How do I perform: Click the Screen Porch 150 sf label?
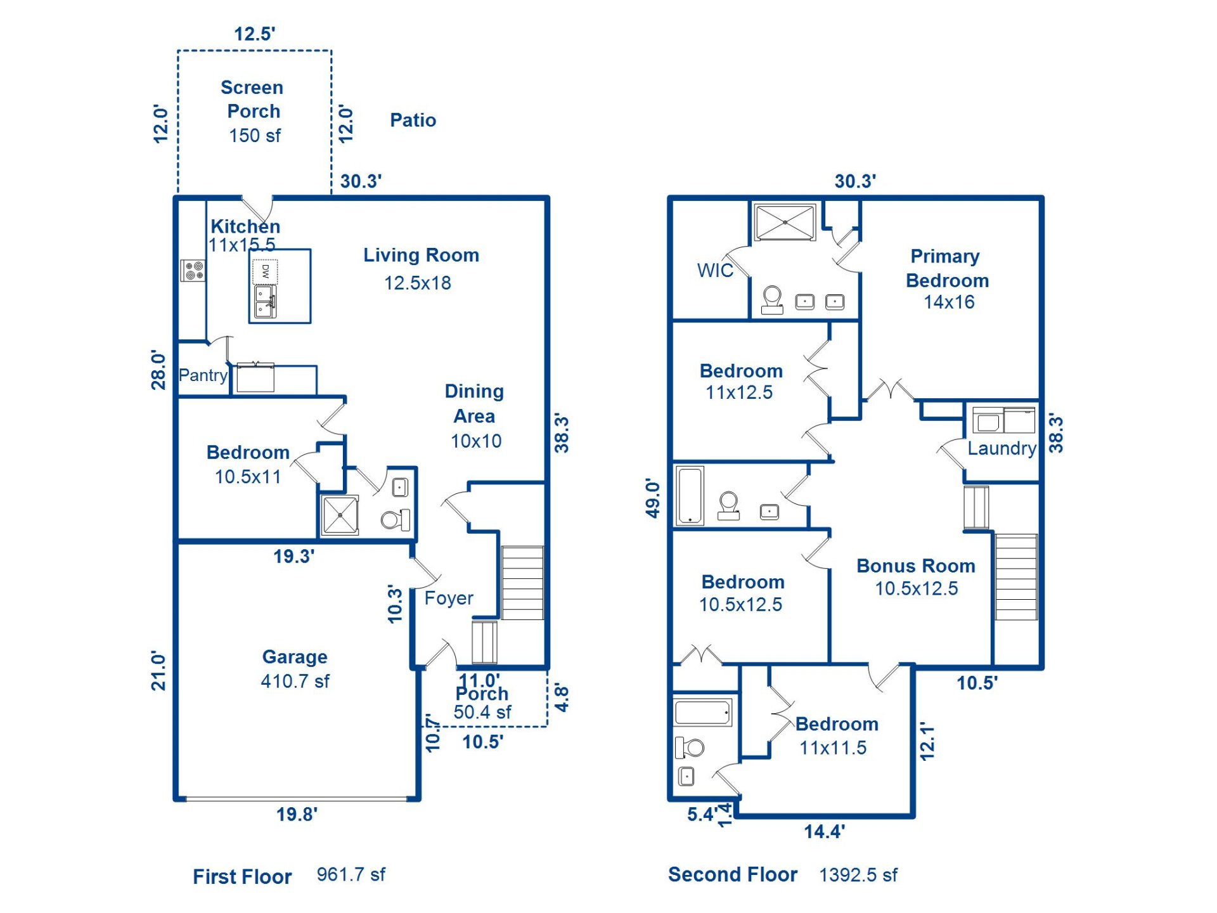(254, 112)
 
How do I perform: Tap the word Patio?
(413, 120)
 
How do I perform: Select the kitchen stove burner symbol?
(193, 270)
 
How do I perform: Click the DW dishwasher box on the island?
(265, 271)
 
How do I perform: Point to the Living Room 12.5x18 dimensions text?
(417, 283)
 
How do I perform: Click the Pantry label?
(203, 375)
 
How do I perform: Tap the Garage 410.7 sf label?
(295, 669)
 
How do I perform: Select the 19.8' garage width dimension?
(297, 814)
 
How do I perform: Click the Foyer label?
(448, 598)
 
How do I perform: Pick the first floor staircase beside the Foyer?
(522, 582)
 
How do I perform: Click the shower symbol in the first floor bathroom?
(340, 515)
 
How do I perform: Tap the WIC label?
(714, 270)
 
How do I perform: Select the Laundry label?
(1001, 448)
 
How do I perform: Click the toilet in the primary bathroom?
(772, 300)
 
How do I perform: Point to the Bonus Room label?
(915, 566)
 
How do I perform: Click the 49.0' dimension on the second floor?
(653, 498)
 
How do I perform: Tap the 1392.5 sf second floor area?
(858, 875)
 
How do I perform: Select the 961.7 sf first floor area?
(351, 874)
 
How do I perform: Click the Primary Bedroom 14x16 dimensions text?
(949, 302)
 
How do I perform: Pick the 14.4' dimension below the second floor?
(824, 831)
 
